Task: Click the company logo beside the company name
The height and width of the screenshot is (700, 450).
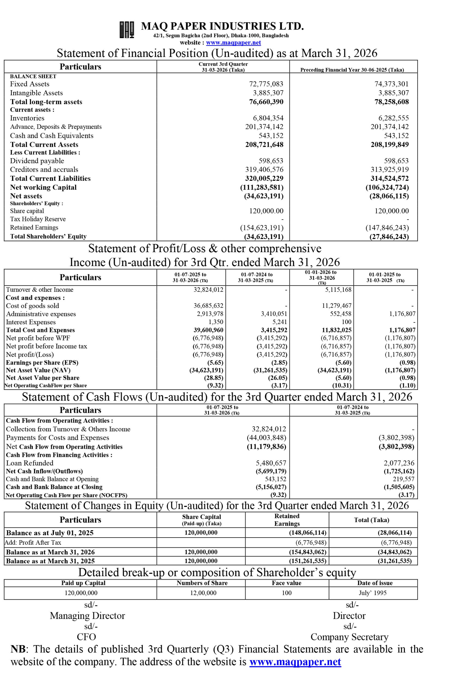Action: tap(127, 30)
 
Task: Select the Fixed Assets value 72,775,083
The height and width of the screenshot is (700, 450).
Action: tap(266, 84)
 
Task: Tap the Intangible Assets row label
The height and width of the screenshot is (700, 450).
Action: tap(36, 93)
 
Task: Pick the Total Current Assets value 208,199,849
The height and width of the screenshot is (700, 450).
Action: tap(390, 145)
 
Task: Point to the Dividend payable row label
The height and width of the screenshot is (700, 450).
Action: tap(37, 161)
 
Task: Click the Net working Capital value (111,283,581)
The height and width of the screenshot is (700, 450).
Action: tap(262, 187)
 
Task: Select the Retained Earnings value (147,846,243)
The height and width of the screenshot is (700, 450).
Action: tap(387, 228)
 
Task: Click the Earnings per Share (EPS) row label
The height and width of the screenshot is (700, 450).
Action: tap(42, 363)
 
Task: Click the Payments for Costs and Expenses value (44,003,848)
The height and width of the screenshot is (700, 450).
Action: tap(266, 437)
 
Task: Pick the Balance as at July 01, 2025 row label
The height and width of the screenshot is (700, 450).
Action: tap(50, 533)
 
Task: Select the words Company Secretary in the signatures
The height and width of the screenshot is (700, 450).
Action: tap(349, 637)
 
